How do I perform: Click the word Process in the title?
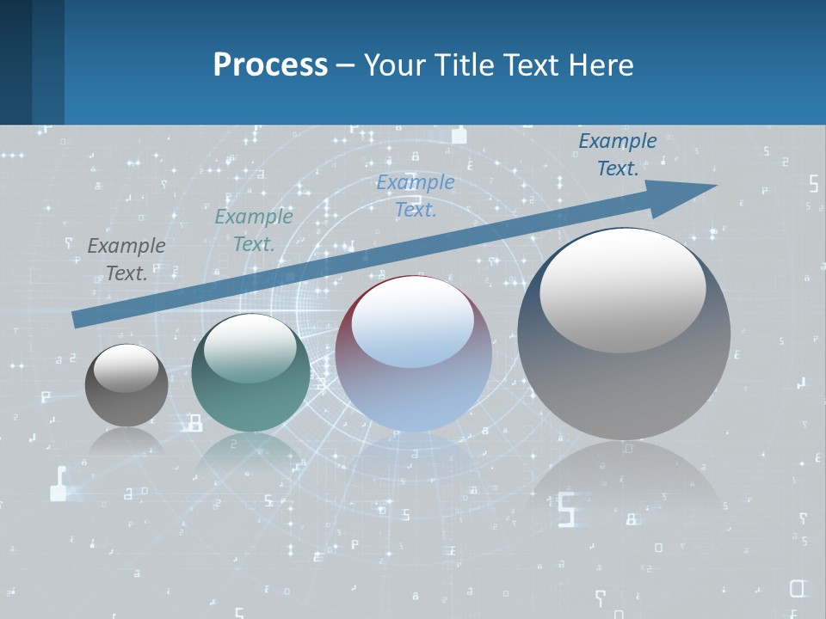270,65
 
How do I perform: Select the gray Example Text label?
126,260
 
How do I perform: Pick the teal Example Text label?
254,230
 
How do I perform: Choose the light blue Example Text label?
416,195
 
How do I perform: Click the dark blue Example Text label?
618,155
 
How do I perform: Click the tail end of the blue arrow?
77,320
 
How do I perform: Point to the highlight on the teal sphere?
250,348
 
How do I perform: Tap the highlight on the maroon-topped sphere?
413,322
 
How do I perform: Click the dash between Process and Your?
345,66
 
